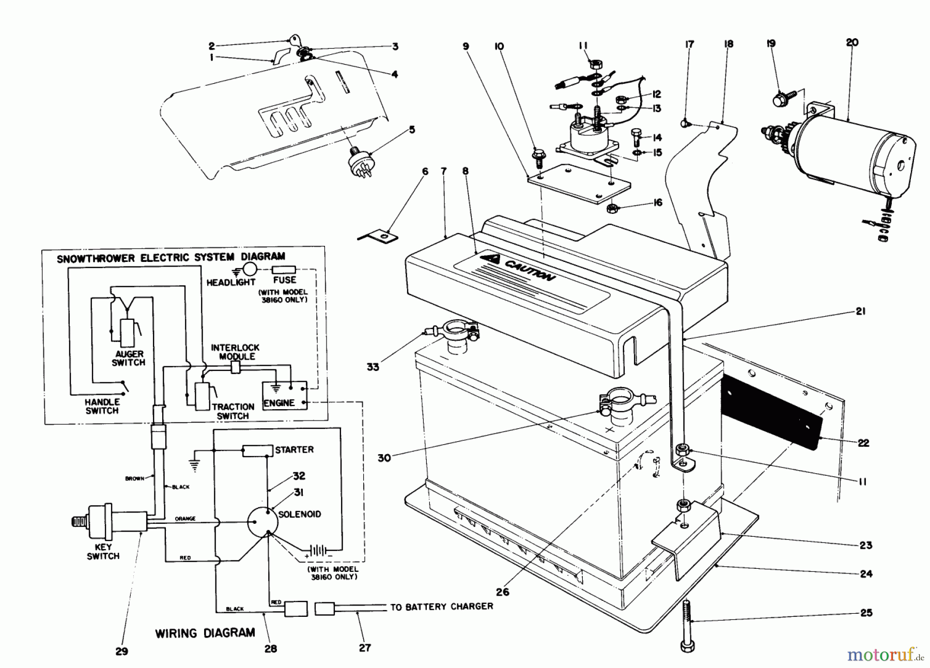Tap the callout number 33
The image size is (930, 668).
click(373, 367)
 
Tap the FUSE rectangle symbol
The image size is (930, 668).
click(284, 269)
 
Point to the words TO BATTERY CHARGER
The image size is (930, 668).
click(441, 607)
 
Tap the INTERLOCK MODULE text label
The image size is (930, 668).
click(235, 352)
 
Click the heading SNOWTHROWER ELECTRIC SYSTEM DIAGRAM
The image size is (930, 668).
click(171, 257)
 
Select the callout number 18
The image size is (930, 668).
click(729, 44)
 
